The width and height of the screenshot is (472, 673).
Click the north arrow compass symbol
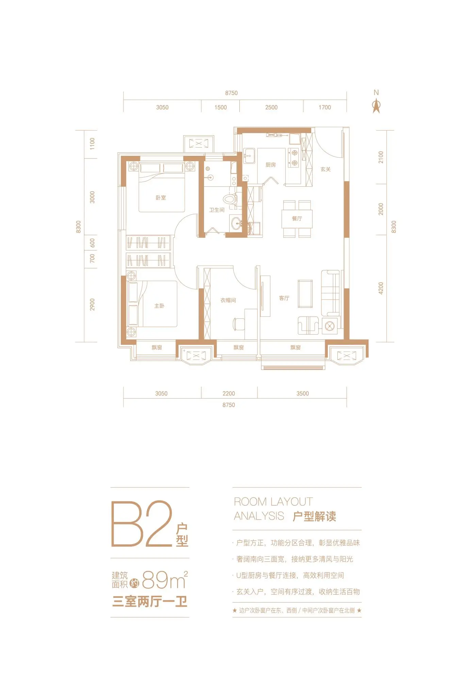(376, 106)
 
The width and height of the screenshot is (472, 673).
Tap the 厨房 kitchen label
(271, 165)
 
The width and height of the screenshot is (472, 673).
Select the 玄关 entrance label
(325, 169)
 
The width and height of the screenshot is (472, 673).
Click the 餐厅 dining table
(297, 219)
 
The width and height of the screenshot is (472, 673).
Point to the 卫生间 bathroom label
(217, 210)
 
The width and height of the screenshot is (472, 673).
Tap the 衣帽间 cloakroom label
(228, 300)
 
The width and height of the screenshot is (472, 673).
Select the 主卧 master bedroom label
(159, 306)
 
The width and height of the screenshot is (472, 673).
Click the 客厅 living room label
(284, 298)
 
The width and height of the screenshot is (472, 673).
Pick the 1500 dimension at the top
(220, 107)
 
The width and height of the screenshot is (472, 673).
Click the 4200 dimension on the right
(381, 288)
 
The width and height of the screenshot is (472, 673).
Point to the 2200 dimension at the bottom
(229, 393)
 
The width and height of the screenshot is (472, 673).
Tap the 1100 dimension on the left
(92, 144)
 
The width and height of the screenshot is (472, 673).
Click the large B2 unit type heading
(142, 524)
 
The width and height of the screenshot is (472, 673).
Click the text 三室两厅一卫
(150, 601)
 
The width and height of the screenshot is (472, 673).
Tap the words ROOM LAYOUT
(273, 502)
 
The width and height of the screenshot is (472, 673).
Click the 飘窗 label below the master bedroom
(157, 348)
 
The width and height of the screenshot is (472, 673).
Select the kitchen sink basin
(249, 156)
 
